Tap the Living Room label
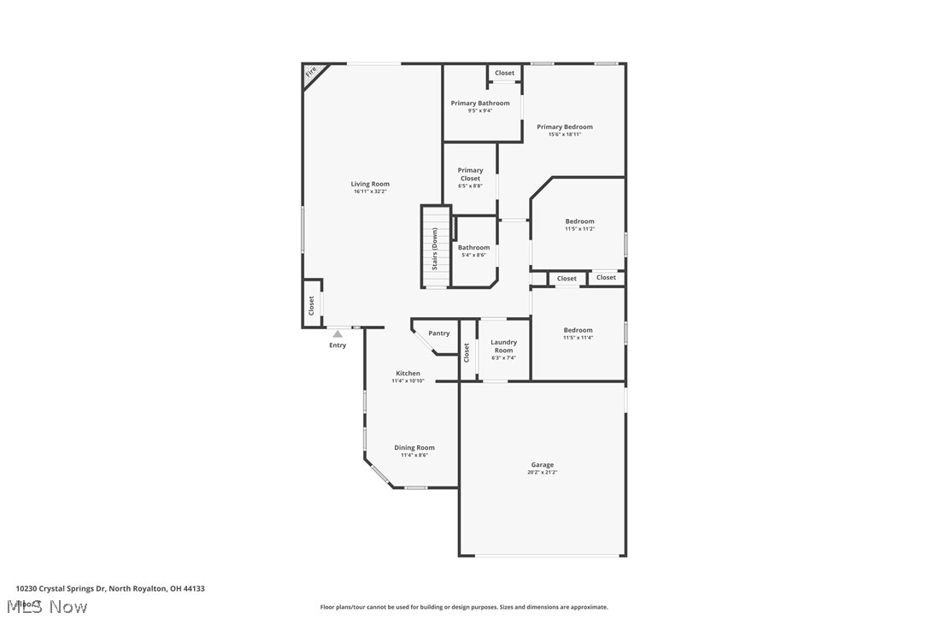370,184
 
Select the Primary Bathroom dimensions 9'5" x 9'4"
480,110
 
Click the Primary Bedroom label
564,127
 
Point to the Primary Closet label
470,174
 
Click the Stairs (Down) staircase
435,248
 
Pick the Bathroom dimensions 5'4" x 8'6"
473,255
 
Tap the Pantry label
438,333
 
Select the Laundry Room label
503,346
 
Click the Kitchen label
408,373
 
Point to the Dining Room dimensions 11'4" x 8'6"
414,455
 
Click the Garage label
543,464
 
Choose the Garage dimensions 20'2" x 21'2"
543,472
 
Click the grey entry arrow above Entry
338,334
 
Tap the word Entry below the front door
338,345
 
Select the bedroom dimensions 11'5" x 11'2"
579,228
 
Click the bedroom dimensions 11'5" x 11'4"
578,338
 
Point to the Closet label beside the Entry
311,305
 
